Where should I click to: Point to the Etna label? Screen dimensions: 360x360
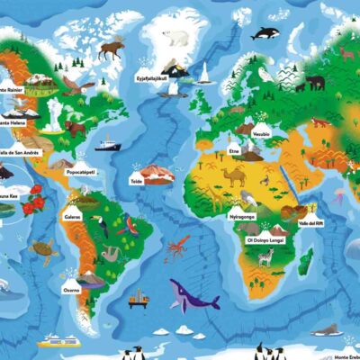coord(234,152)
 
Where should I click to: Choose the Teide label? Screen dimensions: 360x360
coord(137,181)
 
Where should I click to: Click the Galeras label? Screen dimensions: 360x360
coord(74,216)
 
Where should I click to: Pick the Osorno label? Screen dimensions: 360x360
coord(72,290)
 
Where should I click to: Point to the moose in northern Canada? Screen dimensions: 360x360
coord(112,48)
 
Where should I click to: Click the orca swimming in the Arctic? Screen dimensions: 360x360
coord(264,33)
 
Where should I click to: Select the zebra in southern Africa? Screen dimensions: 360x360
coord(265,258)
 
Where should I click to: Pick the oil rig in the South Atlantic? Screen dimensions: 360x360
coord(138,297)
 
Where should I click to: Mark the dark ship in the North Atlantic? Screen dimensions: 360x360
coord(106,142)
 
